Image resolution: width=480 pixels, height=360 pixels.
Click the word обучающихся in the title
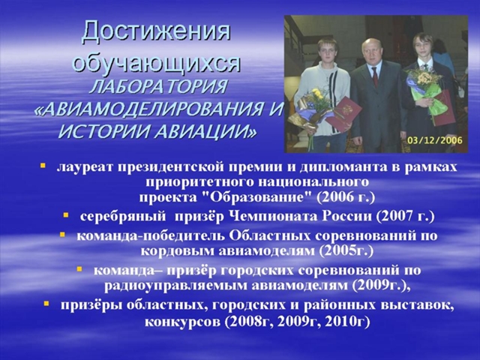point(157,63)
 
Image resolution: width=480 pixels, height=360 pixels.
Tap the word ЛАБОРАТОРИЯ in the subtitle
point(158,86)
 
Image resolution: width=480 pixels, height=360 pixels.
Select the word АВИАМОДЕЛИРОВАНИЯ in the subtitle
point(151,109)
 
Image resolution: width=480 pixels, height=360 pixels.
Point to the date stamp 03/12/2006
point(435,140)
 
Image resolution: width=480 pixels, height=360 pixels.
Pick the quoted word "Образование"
point(257,197)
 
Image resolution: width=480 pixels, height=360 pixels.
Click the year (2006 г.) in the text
point(346,197)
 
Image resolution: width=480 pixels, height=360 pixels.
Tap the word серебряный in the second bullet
point(123,217)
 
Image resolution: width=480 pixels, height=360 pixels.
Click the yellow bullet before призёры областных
point(46,304)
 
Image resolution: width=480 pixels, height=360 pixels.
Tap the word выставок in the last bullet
point(420,305)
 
